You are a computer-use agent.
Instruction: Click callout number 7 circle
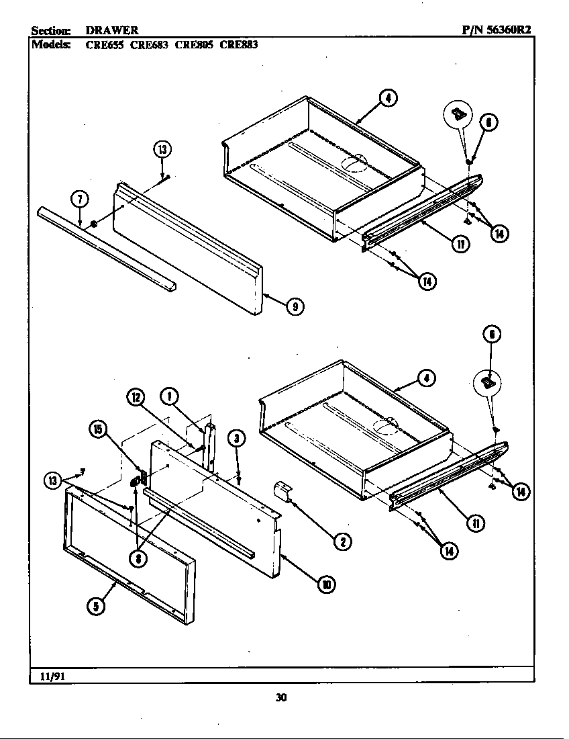pos(79,200)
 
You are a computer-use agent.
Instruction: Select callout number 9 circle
pos(294,307)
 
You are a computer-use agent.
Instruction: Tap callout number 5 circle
pos(96,605)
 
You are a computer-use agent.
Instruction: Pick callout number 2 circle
pos(343,540)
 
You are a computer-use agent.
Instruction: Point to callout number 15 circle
pos(99,430)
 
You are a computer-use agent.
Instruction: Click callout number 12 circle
pos(136,398)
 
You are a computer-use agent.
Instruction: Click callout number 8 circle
pos(138,557)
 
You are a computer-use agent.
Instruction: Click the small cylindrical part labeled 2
pos(282,492)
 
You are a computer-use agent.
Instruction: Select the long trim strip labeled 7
pos(107,249)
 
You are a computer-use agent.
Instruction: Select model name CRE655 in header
pos(104,45)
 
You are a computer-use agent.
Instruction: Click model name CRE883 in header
pos(239,45)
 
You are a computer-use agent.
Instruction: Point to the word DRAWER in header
pos(112,30)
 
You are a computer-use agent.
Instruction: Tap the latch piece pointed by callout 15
pos(137,480)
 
